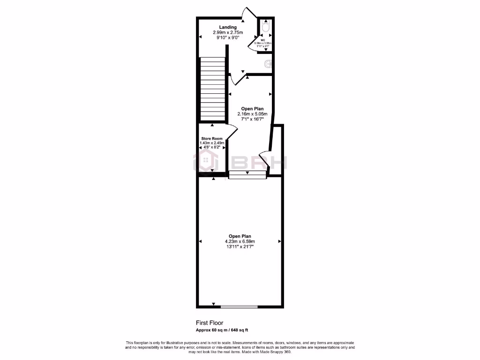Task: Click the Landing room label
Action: [x=228, y=27]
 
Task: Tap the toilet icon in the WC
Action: [x=265, y=27]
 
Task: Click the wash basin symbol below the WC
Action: [x=269, y=64]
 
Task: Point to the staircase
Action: [x=212, y=89]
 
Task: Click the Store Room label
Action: [x=212, y=139]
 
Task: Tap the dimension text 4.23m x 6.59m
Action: [x=240, y=242]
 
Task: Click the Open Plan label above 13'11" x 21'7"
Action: [x=240, y=236]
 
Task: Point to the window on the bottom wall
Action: [x=239, y=307]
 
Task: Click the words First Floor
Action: [x=210, y=323]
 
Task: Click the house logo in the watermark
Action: [x=204, y=162]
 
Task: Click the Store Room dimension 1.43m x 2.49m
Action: [x=212, y=143]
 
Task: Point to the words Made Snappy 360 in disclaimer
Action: [x=276, y=352]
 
